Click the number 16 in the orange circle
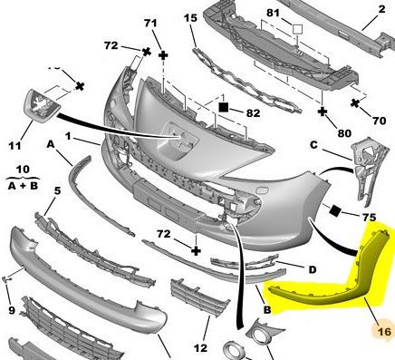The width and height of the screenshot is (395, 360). tap(384, 332)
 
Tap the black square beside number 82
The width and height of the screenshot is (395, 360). tap(224, 107)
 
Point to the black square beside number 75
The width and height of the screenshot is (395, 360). tap(334, 210)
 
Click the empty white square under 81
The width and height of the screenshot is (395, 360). tap(297, 29)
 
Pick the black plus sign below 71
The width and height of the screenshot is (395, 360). tap(163, 55)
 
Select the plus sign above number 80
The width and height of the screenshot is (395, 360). tap(323, 112)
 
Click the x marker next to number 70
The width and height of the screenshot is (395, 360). tap(355, 103)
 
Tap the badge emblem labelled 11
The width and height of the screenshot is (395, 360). tap(42, 105)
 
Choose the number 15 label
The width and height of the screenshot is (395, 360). tap(190, 18)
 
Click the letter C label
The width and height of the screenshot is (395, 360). tap(313, 145)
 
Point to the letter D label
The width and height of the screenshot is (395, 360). tap(313, 269)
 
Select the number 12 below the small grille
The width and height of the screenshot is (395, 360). tap(200, 348)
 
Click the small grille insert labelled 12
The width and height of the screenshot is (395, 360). tap(199, 297)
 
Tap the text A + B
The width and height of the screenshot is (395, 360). tap(23, 186)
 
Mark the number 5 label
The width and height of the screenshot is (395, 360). tap(57, 191)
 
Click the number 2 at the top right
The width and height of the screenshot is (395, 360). tap(381, 9)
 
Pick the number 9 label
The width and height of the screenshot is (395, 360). tap(12, 310)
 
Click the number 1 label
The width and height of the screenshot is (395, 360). tap(68, 136)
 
